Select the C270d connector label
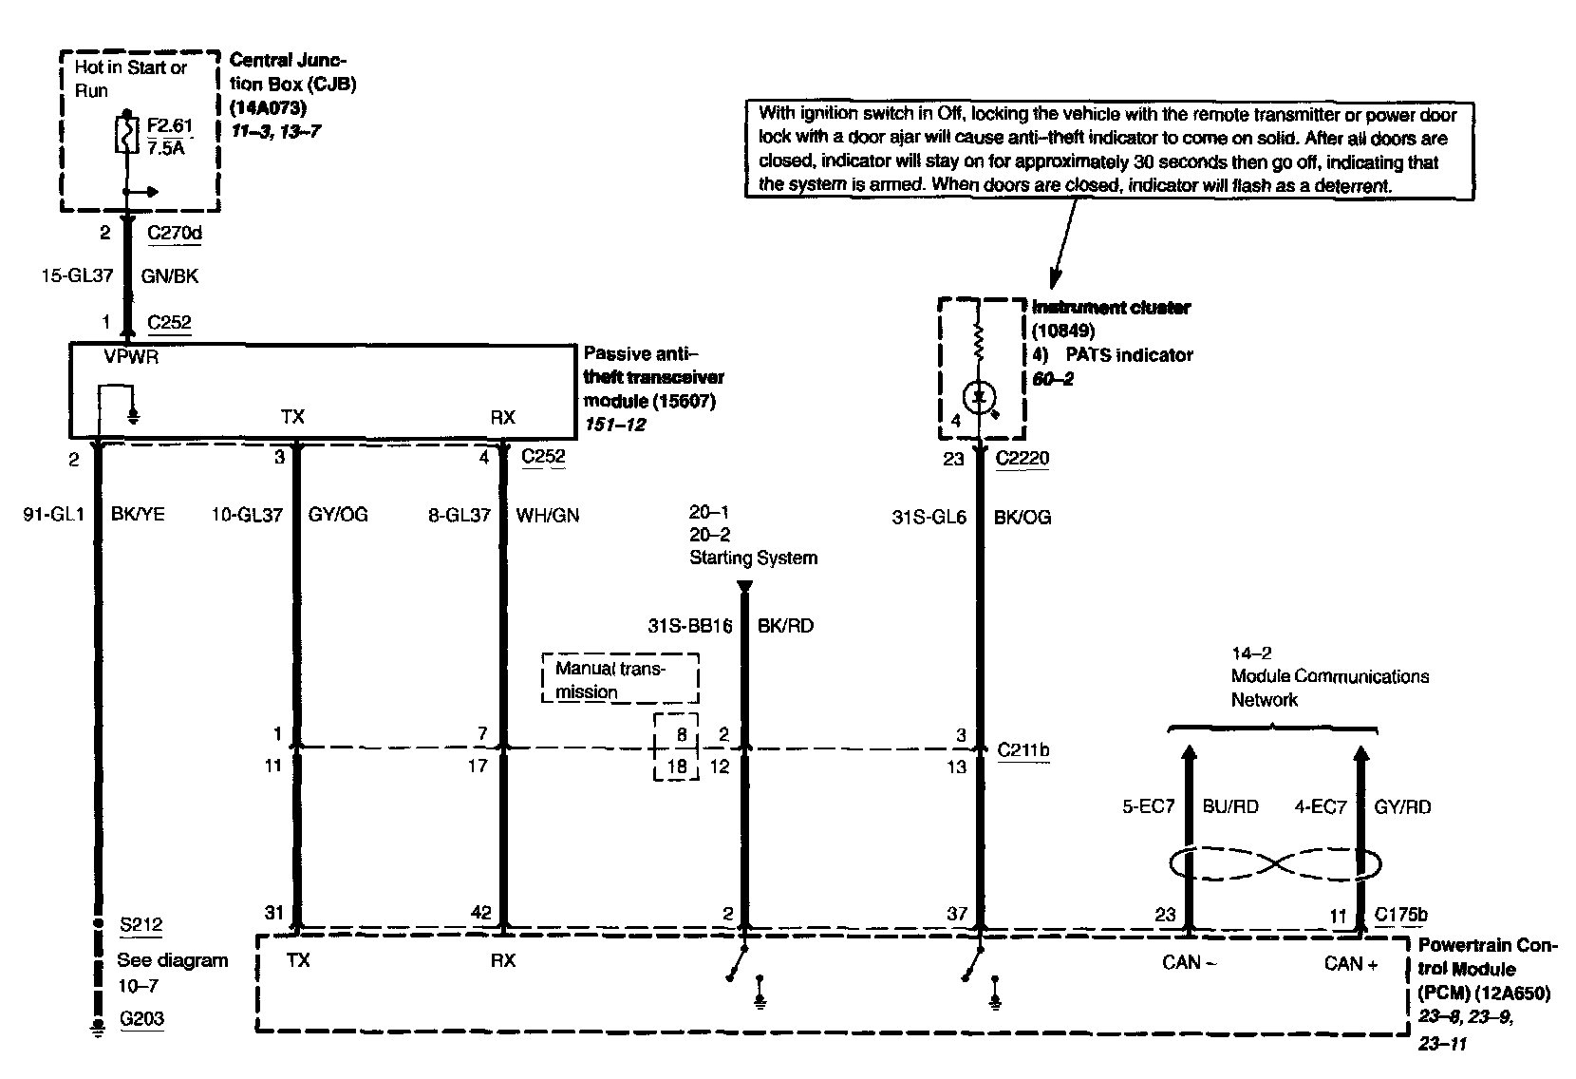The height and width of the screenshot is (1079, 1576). pos(175,233)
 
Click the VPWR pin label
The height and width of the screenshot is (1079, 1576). pos(130,359)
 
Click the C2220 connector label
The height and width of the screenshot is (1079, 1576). pos(1022,458)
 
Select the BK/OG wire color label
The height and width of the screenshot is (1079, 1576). pos(1022,518)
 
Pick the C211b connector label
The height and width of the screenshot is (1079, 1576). pos(1023,750)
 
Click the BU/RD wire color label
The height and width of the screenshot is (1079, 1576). pos(1230,807)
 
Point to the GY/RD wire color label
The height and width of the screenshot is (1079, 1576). pos(1402,807)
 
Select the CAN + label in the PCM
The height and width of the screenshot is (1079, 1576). pos(1350,963)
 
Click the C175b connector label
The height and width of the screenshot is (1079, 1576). pos(1400,915)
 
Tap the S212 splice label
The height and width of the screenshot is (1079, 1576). pos(141,924)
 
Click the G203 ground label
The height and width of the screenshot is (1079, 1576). pos(141,1019)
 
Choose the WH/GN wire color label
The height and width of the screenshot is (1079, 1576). pos(548,516)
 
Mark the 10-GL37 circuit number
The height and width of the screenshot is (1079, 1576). pos(247,516)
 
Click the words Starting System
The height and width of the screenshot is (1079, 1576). pos(753,558)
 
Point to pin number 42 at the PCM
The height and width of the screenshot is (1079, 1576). pos(481,913)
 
